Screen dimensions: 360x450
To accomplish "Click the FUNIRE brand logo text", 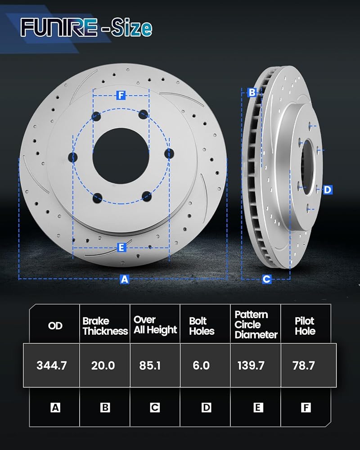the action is pos(58,27).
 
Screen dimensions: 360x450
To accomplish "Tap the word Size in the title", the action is pos(132,27).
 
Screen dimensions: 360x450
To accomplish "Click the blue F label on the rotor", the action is pos(121,95).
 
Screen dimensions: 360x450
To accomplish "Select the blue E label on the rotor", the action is pos(121,247).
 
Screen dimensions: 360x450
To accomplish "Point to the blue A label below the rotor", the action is pos(124,279).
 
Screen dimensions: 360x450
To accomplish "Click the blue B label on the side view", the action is pos(252,92).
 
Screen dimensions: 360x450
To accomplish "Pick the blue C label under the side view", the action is pos(267,279).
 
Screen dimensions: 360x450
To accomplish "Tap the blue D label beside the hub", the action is pos(328,190).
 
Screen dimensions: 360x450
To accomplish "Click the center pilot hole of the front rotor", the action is pos(121,156).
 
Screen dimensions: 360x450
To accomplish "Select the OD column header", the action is pos(55,326).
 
